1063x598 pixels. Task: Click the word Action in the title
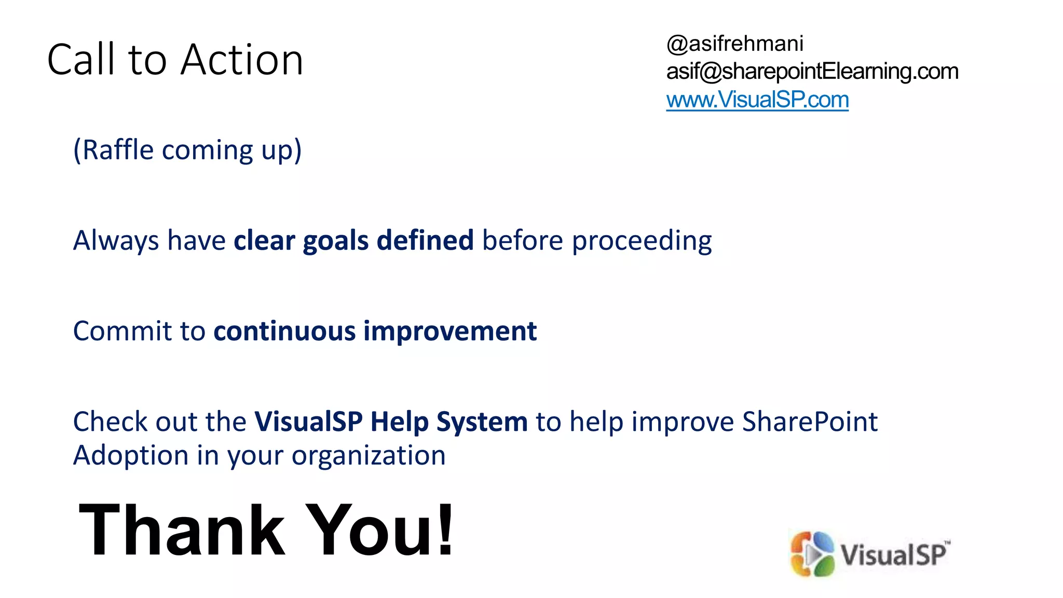point(242,60)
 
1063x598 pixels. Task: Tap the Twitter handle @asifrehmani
point(734,44)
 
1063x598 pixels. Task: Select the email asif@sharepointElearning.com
point(812,71)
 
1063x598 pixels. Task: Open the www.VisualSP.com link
point(757,100)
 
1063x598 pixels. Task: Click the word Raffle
point(118,150)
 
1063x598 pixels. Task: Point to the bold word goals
point(335,241)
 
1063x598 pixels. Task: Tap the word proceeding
point(642,241)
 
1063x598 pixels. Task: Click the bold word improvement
point(449,331)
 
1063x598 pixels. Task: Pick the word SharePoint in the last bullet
point(809,422)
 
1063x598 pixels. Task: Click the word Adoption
point(130,455)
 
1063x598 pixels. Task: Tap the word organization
point(368,455)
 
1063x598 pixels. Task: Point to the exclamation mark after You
point(445,529)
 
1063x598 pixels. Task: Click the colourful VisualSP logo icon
point(812,554)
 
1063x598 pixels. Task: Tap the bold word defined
point(425,241)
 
